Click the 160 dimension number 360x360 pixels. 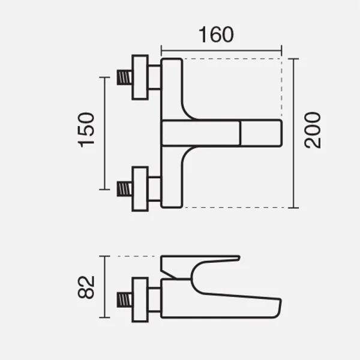tap(216, 34)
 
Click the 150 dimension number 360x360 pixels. tap(86, 130)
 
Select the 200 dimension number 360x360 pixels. tap(312, 130)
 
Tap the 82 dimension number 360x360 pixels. tap(86, 287)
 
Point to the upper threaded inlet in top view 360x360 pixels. tap(124, 77)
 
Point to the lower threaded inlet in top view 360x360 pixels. tap(124, 189)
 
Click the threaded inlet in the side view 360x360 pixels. tap(124, 300)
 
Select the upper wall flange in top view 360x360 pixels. tap(140, 77)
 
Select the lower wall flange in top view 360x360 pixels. tap(140, 189)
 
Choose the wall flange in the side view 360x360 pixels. tap(140, 300)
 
